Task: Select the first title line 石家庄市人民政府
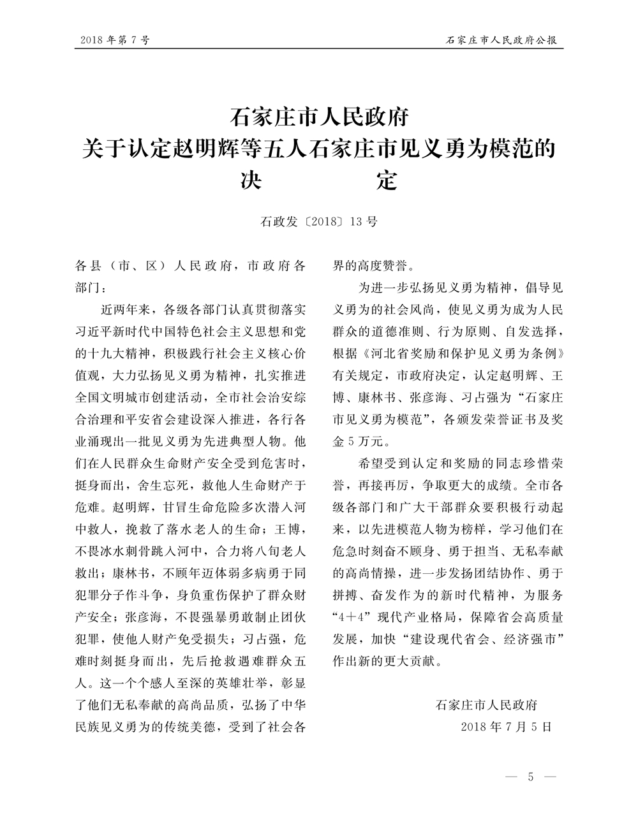pos(318,119)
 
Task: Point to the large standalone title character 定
pos(386,181)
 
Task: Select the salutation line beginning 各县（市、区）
pos(190,265)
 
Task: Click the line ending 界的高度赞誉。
pos(376,265)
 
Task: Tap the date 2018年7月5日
pos(505,727)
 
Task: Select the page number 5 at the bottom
pos(531,778)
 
